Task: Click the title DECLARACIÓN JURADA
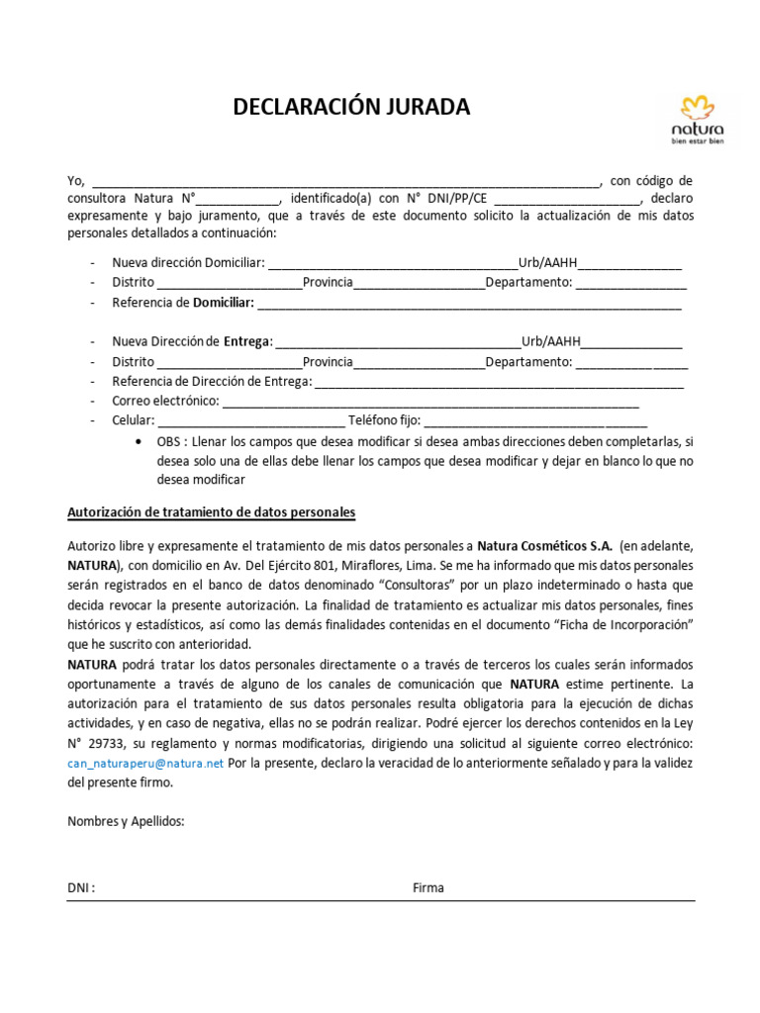point(351,107)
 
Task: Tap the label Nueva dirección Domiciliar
point(188,263)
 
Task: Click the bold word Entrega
point(246,342)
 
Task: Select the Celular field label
point(133,420)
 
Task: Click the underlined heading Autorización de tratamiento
point(211,512)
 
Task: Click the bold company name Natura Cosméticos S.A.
point(545,546)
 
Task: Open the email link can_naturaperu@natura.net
point(145,763)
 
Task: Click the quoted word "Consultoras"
point(423,584)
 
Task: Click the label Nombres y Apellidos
point(126,821)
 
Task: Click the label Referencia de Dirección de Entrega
point(212,382)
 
